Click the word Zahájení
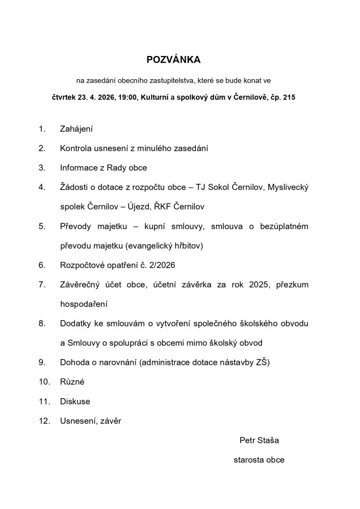(76, 129)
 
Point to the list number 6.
(41, 264)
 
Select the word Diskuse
(75, 402)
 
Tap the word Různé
(72, 382)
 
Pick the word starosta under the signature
(249, 460)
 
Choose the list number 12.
(44, 421)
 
